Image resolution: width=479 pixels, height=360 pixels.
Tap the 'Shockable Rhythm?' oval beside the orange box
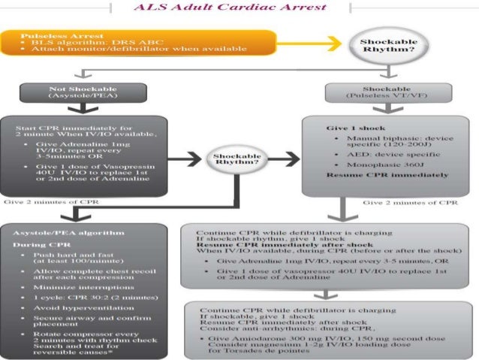(x=384, y=45)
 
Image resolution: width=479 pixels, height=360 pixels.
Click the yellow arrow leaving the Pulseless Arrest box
(x=300, y=45)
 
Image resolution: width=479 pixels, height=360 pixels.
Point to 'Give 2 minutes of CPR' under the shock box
(x=410, y=202)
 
